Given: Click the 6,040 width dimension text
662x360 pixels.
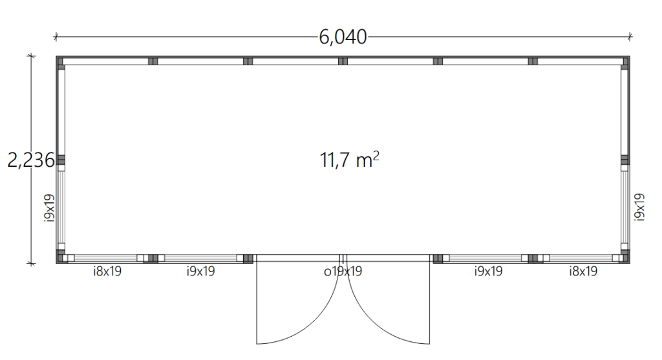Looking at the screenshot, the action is pyautogui.click(x=343, y=37).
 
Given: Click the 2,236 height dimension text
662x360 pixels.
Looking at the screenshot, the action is pyautogui.click(x=31, y=160).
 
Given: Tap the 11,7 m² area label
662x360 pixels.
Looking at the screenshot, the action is pyautogui.click(x=349, y=160).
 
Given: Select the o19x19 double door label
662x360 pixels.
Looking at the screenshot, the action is pyautogui.click(x=343, y=271).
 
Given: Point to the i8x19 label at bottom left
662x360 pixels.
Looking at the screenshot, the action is pyautogui.click(x=107, y=271).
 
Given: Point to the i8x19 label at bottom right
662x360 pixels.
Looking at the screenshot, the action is pyautogui.click(x=583, y=271).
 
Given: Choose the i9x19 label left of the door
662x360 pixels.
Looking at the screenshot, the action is pyautogui.click(x=200, y=271).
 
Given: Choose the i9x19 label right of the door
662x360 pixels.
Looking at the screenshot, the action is pyautogui.click(x=488, y=271).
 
